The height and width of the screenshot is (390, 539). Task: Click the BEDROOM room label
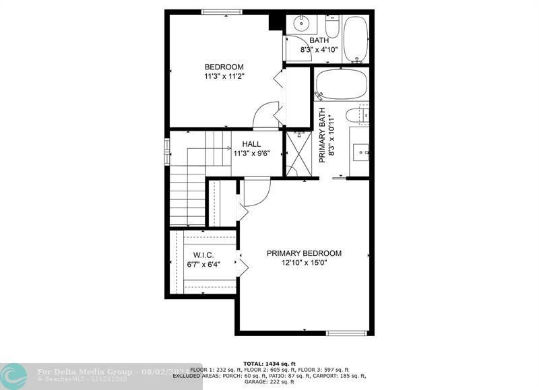pos(224,67)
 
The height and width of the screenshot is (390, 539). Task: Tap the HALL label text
pos(251,144)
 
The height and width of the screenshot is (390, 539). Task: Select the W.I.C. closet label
pos(203,255)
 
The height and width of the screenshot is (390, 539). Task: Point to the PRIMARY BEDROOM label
pos(304,253)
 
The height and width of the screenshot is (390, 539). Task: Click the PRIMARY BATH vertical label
pos(323,135)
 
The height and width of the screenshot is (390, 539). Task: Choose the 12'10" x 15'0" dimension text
pos(304,263)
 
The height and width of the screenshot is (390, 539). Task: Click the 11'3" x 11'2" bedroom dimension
pos(224,76)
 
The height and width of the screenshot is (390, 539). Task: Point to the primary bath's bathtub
pos(342,84)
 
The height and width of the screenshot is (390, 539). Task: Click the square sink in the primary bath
pos(362,152)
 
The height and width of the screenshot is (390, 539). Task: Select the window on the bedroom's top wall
pos(222,11)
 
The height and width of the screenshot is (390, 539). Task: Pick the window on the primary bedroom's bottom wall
pos(347,333)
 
